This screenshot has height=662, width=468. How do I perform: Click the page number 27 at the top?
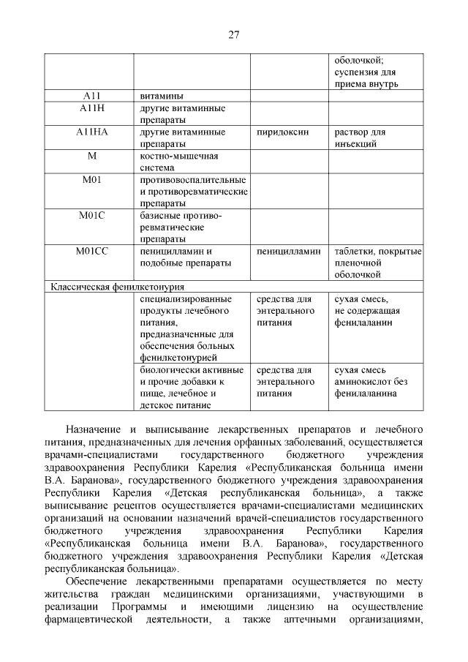coord(233,34)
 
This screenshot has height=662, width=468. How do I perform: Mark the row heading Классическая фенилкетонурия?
coord(116,287)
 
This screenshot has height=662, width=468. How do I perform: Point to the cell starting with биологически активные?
coord(192,387)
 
